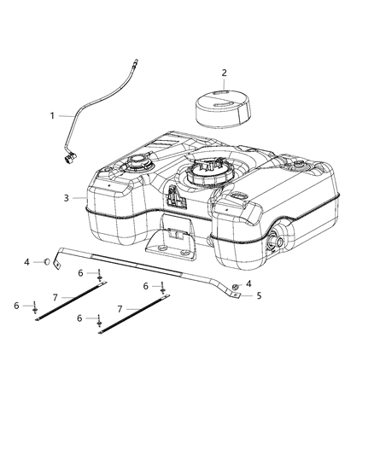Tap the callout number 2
pos(224,73)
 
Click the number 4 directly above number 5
pos(248,283)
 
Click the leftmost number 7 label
pos(56,296)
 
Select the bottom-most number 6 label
pos(80,318)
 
